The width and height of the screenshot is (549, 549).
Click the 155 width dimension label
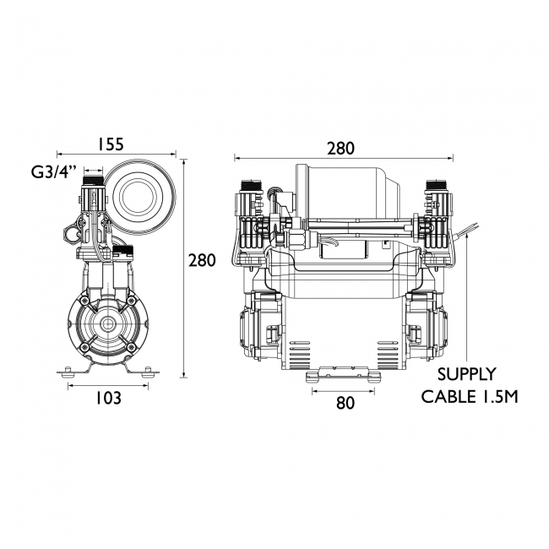tap(116, 144)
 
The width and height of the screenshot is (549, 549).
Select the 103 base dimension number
tap(107, 398)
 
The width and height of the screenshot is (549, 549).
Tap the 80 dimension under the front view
tap(345, 403)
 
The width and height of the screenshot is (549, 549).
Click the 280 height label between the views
tap(202, 260)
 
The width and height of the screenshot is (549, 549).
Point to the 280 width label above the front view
tap(340, 148)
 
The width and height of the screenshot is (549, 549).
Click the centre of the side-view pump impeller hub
tap(107, 323)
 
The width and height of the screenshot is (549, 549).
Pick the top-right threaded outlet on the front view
tap(437, 185)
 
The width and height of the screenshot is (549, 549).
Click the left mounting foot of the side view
tap(68, 370)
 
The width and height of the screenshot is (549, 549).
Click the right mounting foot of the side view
tap(146, 370)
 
